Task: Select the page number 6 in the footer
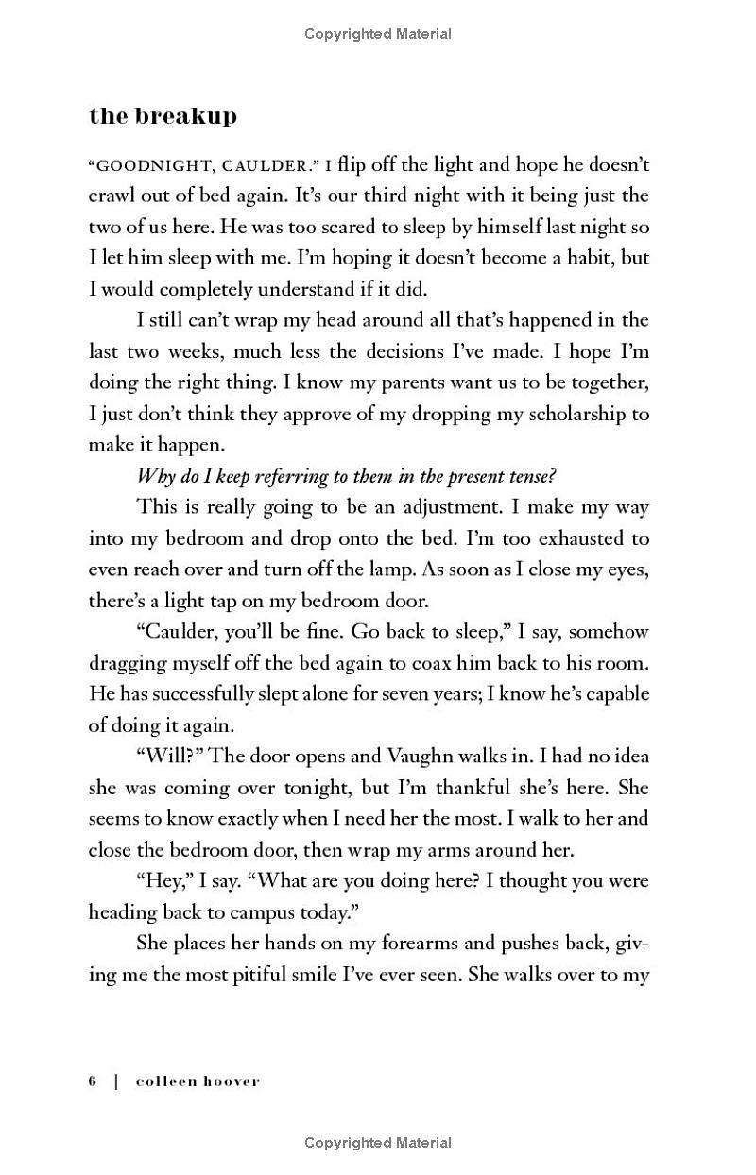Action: click(94, 1081)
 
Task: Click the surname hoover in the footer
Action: click(229, 1081)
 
